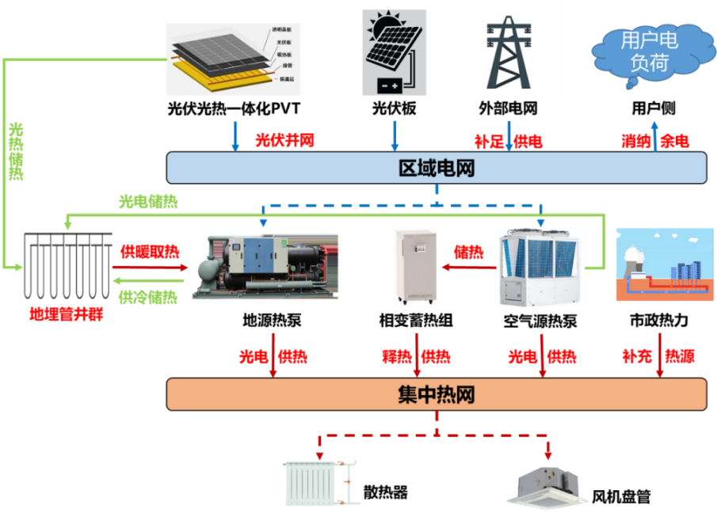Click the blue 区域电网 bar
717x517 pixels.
click(436, 167)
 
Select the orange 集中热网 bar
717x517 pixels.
click(436, 394)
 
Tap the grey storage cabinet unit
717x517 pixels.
click(415, 267)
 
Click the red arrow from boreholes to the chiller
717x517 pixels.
click(151, 268)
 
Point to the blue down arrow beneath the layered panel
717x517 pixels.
click(235, 136)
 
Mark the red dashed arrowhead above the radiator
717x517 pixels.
click(320, 453)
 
